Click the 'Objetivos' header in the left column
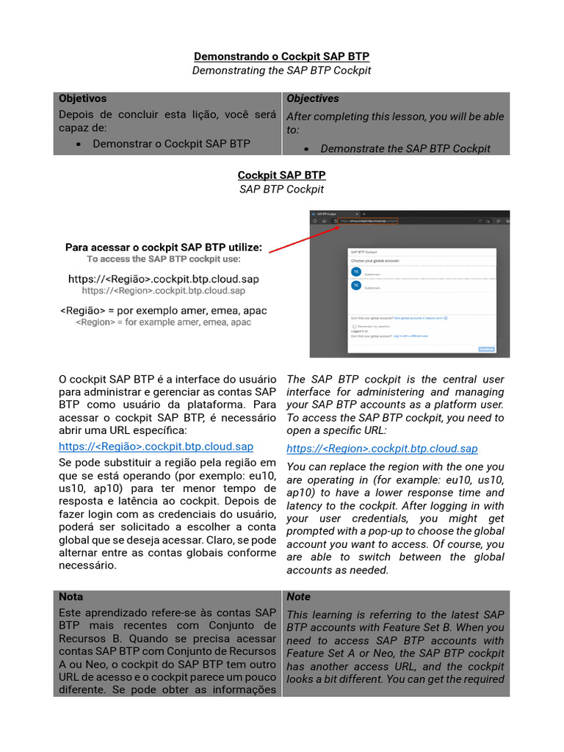point(82,98)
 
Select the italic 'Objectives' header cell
point(313,98)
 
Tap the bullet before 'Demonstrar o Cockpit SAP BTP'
point(79,144)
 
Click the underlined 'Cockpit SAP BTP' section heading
point(281,176)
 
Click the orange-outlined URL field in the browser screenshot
point(369,220)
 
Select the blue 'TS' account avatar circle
point(356,272)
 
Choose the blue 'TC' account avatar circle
point(356,285)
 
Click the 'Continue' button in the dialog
point(486,349)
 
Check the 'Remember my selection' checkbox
point(354,326)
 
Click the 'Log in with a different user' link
point(411,336)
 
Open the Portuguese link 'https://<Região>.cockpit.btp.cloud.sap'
point(156,446)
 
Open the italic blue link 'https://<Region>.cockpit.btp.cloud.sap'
point(382,449)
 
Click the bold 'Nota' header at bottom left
point(71,597)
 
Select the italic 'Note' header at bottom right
point(299,597)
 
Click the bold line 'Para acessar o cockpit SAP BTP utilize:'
point(164,247)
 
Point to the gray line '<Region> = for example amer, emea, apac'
point(164,322)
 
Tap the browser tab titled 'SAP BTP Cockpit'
point(327,213)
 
